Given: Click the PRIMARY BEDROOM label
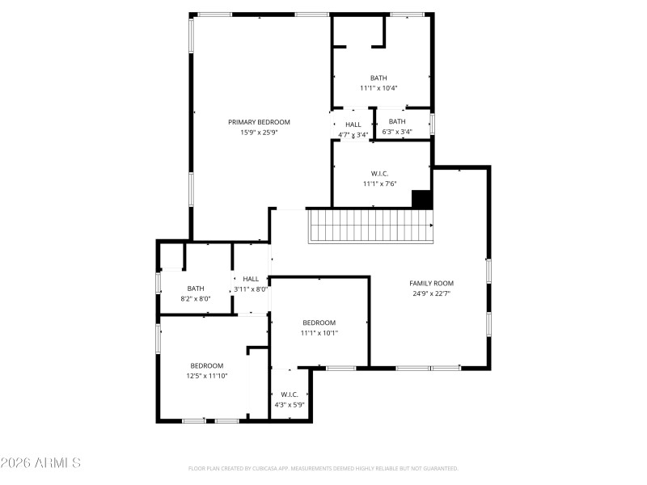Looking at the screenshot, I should click(259, 122).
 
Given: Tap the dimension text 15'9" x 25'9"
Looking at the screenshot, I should click(259, 133).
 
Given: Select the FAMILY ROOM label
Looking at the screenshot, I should click(431, 283).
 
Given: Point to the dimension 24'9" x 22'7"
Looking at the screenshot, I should click(431, 293).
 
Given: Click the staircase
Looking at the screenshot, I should click(370, 225).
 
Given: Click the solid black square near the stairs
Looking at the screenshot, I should click(421, 200).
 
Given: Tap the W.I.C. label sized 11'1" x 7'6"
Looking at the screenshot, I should click(378, 173).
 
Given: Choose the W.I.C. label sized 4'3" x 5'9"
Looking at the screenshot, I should click(290, 394).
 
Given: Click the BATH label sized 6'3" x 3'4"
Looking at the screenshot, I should click(397, 121).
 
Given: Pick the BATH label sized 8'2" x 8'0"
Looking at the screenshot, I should click(196, 289).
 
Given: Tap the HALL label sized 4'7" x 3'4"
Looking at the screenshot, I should click(353, 124).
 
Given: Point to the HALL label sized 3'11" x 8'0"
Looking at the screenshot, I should click(251, 279).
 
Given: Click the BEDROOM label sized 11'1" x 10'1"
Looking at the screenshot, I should click(319, 323).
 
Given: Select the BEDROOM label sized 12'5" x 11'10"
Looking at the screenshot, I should click(207, 365).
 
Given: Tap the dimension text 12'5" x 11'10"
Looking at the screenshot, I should click(207, 376).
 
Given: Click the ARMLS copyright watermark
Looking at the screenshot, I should click(40, 463).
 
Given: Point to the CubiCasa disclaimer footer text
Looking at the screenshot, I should click(323, 468).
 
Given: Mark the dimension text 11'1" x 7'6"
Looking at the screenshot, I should click(378, 183).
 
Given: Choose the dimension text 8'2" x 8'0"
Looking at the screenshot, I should click(196, 299).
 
